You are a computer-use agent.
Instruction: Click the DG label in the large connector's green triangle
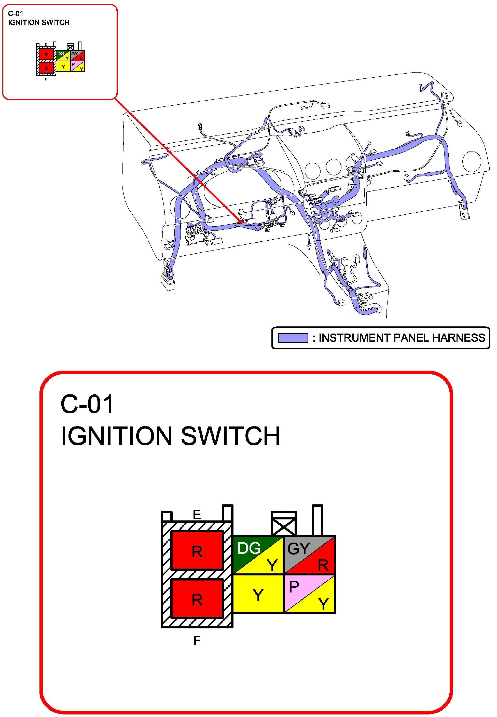[248, 548]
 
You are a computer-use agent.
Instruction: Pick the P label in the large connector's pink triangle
[294, 587]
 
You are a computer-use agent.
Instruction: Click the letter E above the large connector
[197, 514]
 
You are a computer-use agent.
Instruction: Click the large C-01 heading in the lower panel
[87, 404]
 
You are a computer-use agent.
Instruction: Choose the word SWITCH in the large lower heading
[230, 436]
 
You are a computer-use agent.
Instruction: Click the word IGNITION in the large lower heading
[116, 436]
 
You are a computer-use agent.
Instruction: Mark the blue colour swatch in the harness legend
[293, 338]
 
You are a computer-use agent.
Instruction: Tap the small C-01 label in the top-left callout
[16, 13]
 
